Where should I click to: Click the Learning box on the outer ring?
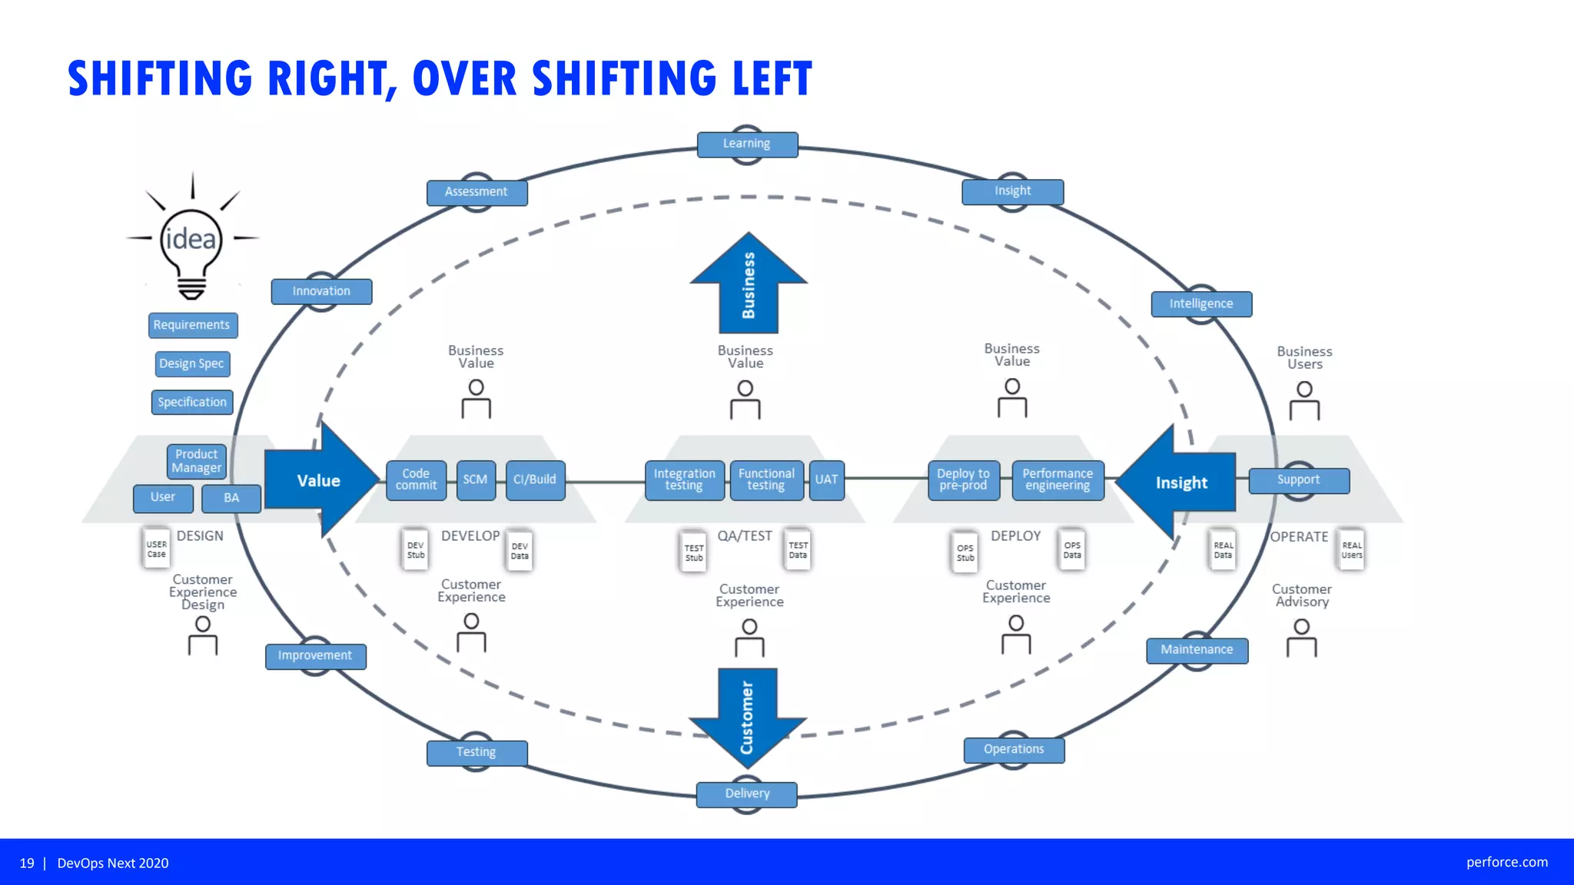(747, 144)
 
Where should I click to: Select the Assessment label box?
(477, 192)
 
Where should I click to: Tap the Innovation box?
(321, 292)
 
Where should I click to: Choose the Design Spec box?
(192, 364)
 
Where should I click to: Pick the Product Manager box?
(197, 461)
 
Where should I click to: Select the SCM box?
(476, 480)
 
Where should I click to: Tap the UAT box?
(827, 480)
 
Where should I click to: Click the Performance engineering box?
(1058, 480)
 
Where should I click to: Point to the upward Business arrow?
(749, 283)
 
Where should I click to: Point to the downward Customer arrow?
(747, 717)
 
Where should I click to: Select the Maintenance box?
(1197, 651)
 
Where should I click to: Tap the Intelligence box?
(1201, 304)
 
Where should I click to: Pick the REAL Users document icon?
(1352, 550)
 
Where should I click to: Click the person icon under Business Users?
(1304, 402)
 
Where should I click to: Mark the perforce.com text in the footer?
(1506, 862)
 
